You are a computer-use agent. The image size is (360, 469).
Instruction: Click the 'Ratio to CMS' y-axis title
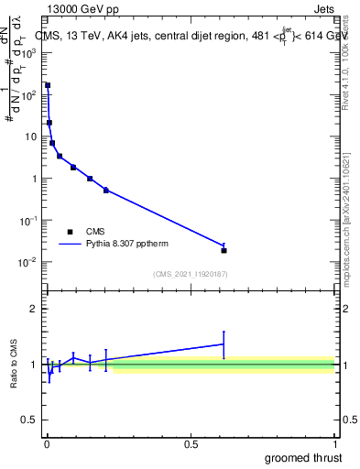click(16, 364)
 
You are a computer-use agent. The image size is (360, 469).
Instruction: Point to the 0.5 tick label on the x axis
click(191, 444)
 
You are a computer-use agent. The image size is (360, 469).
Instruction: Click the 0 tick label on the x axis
click(47, 444)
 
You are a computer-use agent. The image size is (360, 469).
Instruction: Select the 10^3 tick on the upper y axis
click(28, 53)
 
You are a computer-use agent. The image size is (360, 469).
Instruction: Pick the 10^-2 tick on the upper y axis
click(28, 262)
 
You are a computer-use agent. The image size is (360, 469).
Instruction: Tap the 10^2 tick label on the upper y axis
click(28, 94)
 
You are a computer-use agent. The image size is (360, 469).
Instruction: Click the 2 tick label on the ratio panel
click(33, 309)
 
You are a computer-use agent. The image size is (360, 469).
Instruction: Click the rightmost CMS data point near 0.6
click(224, 250)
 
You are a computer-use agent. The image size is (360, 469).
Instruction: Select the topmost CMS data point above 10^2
click(48, 85)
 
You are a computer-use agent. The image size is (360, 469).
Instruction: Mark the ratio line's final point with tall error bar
click(224, 344)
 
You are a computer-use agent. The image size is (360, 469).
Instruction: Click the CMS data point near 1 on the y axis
click(90, 179)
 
